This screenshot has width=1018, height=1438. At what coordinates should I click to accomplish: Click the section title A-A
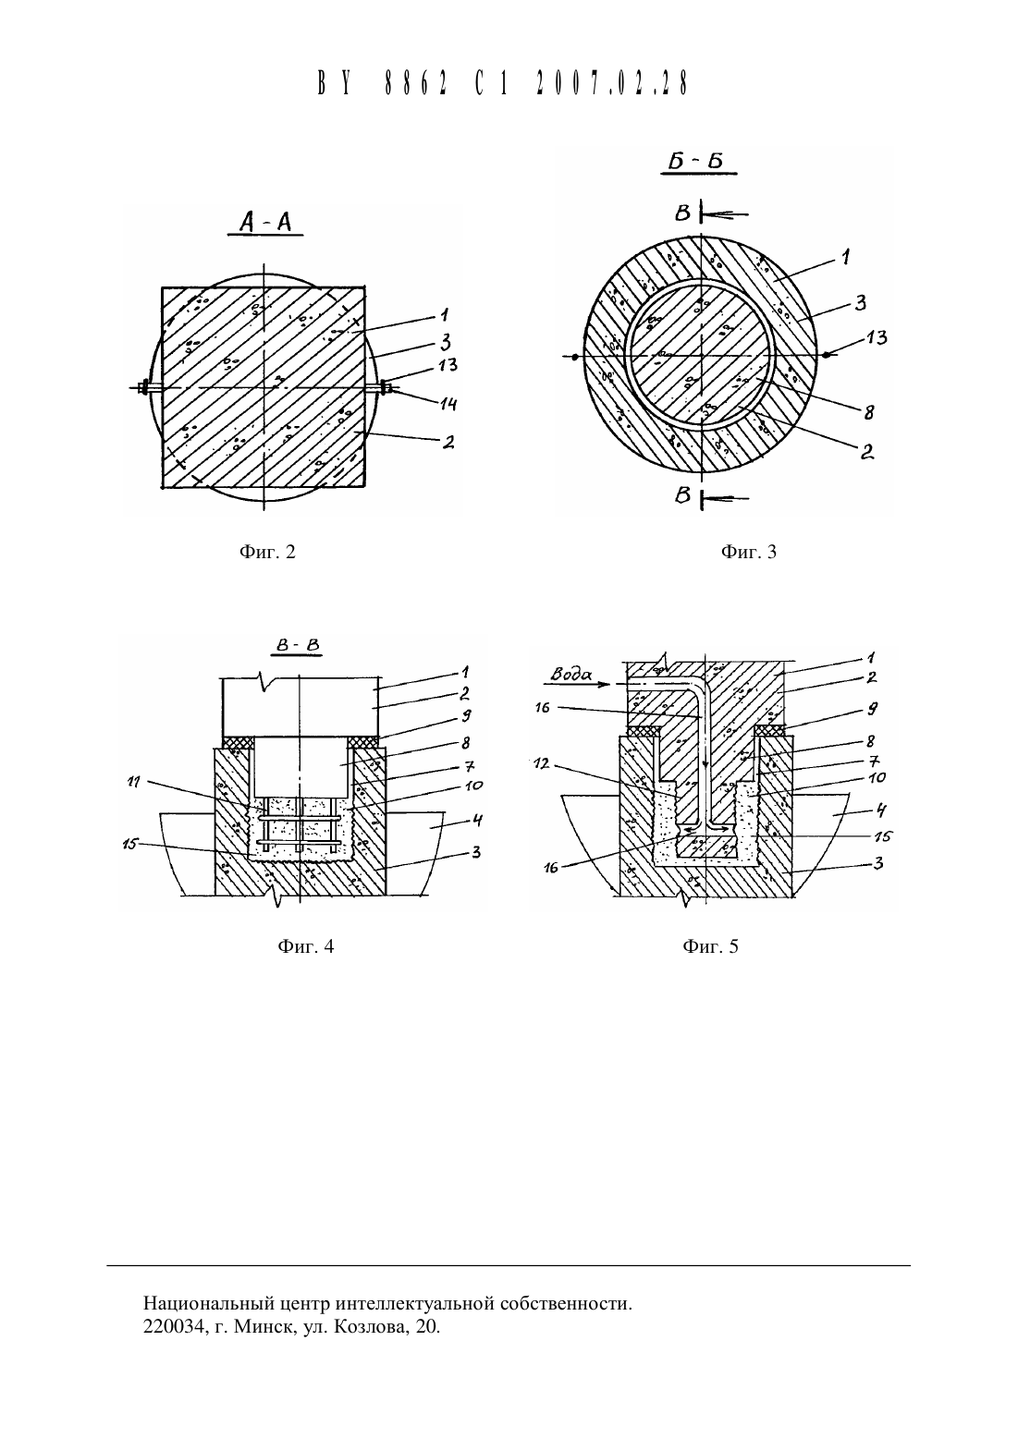click(x=265, y=222)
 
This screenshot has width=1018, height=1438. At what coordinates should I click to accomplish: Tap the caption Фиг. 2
click(x=267, y=552)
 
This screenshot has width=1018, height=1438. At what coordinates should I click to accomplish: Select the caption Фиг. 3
click(x=748, y=552)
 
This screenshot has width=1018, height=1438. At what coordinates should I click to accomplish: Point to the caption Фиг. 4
click(x=306, y=945)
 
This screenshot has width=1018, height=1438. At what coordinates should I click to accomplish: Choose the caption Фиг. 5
click(x=710, y=945)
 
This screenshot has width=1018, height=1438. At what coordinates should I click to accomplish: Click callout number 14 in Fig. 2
click(x=448, y=404)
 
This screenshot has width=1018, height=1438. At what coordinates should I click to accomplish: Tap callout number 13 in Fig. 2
click(x=448, y=365)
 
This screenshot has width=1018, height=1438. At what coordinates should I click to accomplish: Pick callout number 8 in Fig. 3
click(x=868, y=412)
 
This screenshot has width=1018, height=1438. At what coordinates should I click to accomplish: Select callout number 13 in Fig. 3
click(x=877, y=337)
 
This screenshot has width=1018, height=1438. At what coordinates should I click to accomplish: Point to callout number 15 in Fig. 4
click(x=130, y=844)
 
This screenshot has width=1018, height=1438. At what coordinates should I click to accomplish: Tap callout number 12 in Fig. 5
click(x=543, y=764)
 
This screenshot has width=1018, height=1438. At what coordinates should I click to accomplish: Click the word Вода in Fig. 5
click(x=571, y=675)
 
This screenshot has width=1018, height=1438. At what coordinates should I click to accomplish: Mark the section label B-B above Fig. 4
click(x=298, y=645)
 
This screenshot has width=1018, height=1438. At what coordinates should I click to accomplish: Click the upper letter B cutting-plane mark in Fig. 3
click(x=682, y=213)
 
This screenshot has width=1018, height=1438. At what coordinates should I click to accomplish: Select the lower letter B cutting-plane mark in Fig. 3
click(x=682, y=495)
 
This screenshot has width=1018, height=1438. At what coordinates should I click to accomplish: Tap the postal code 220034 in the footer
click(x=171, y=1326)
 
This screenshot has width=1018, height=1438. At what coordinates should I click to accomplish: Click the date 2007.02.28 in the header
click(x=612, y=83)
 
